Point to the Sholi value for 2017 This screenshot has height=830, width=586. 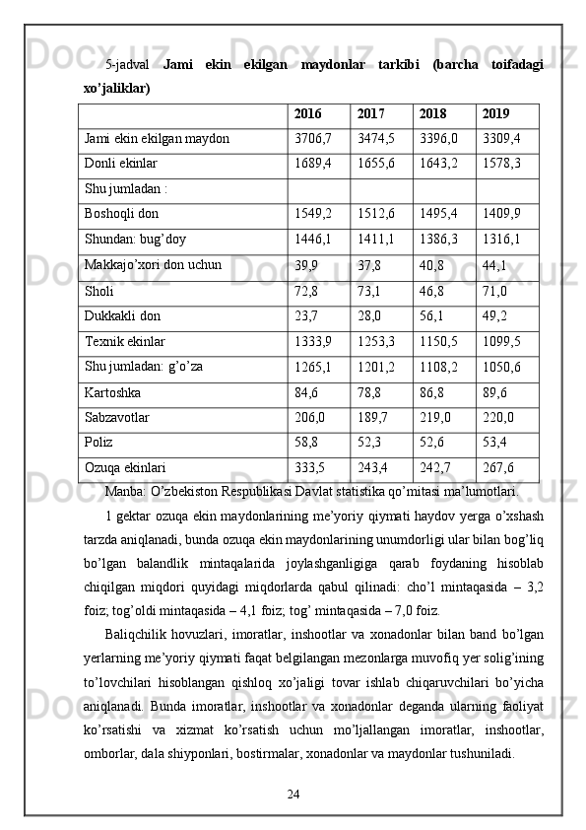[370, 291]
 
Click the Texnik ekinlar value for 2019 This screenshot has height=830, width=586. [501, 342]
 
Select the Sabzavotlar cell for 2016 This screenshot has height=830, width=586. [310, 418]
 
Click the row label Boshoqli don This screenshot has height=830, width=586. [119, 213]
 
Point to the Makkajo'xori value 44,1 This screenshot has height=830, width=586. [494, 265]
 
